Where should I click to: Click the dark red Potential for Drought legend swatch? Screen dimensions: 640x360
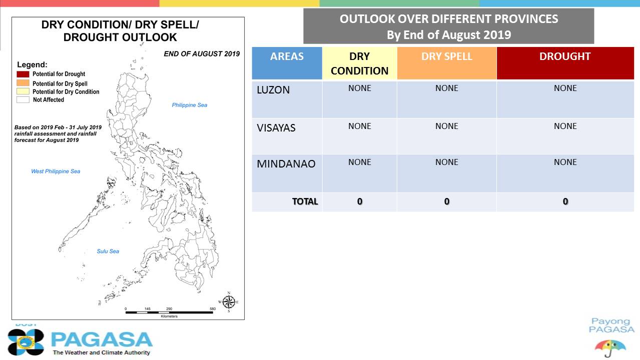[x=23, y=74]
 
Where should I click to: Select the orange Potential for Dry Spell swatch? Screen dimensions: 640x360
[x=23, y=83]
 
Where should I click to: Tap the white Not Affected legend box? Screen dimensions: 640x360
[x=23, y=99]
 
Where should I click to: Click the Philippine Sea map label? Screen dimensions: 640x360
[x=190, y=105]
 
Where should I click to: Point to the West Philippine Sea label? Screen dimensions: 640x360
[x=56, y=171]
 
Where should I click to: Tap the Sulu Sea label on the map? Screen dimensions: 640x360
[x=108, y=251]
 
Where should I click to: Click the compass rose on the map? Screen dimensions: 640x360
[x=229, y=302]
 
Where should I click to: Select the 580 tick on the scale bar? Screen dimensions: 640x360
[x=213, y=308]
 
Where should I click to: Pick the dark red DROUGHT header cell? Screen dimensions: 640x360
[x=565, y=63]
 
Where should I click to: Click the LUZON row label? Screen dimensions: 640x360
[x=273, y=90]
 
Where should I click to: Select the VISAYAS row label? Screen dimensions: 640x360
[x=276, y=128]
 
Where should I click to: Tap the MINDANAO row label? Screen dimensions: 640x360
[x=286, y=164]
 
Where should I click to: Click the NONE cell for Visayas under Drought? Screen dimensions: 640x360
[x=565, y=126]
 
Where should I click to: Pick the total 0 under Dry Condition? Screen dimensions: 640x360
[x=360, y=201]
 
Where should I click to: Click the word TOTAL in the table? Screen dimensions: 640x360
[x=305, y=201]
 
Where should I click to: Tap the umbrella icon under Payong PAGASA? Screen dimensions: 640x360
[x=610, y=348]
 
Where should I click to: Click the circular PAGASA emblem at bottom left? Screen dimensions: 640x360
[x=26, y=342]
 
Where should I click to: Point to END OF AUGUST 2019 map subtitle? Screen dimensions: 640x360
[x=202, y=54]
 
